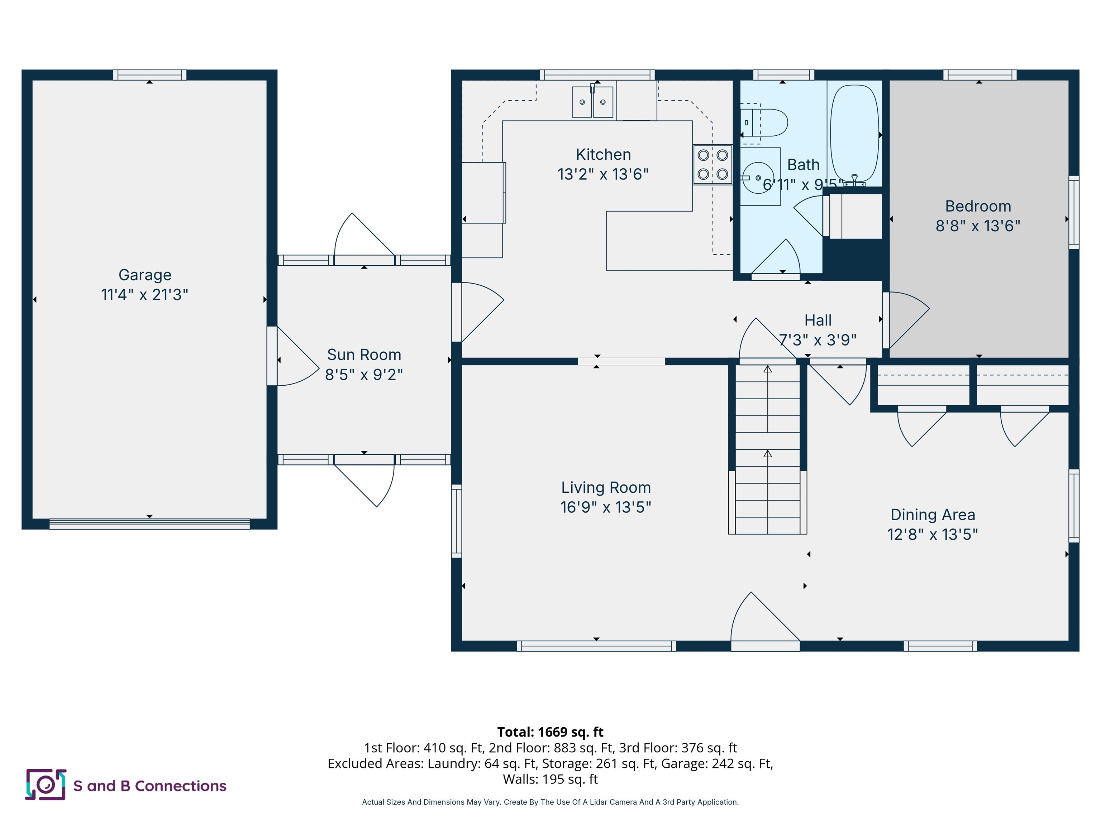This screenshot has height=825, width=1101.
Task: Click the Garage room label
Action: pyautogui.click(x=144, y=275)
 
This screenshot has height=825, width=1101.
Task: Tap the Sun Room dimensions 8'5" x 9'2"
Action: pyautogui.click(x=364, y=375)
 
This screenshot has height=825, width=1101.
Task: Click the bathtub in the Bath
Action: pyautogui.click(x=854, y=134)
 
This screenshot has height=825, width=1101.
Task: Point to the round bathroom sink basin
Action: pyautogui.click(x=758, y=178)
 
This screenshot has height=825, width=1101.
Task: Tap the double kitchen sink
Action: pyautogui.click(x=592, y=102)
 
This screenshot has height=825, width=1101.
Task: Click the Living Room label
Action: pyautogui.click(x=606, y=487)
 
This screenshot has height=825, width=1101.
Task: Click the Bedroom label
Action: pyautogui.click(x=978, y=206)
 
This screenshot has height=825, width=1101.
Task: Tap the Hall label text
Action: pyautogui.click(x=818, y=320)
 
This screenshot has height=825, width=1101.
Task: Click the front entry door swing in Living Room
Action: pyautogui.click(x=762, y=619)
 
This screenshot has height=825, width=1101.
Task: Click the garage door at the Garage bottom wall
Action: pyautogui.click(x=149, y=524)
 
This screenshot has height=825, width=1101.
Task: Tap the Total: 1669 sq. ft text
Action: pyautogui.click(x=550, y=732)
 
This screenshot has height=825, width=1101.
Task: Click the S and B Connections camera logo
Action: pyautogui.click(x=45, y=785)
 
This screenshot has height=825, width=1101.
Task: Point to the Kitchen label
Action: pyautogui.click(x=603, y=155)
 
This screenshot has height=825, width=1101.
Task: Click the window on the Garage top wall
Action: pyautogui.click(x=149, y=75)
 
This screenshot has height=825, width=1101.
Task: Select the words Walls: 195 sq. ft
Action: pyautogui.click(x=550, y=779)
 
